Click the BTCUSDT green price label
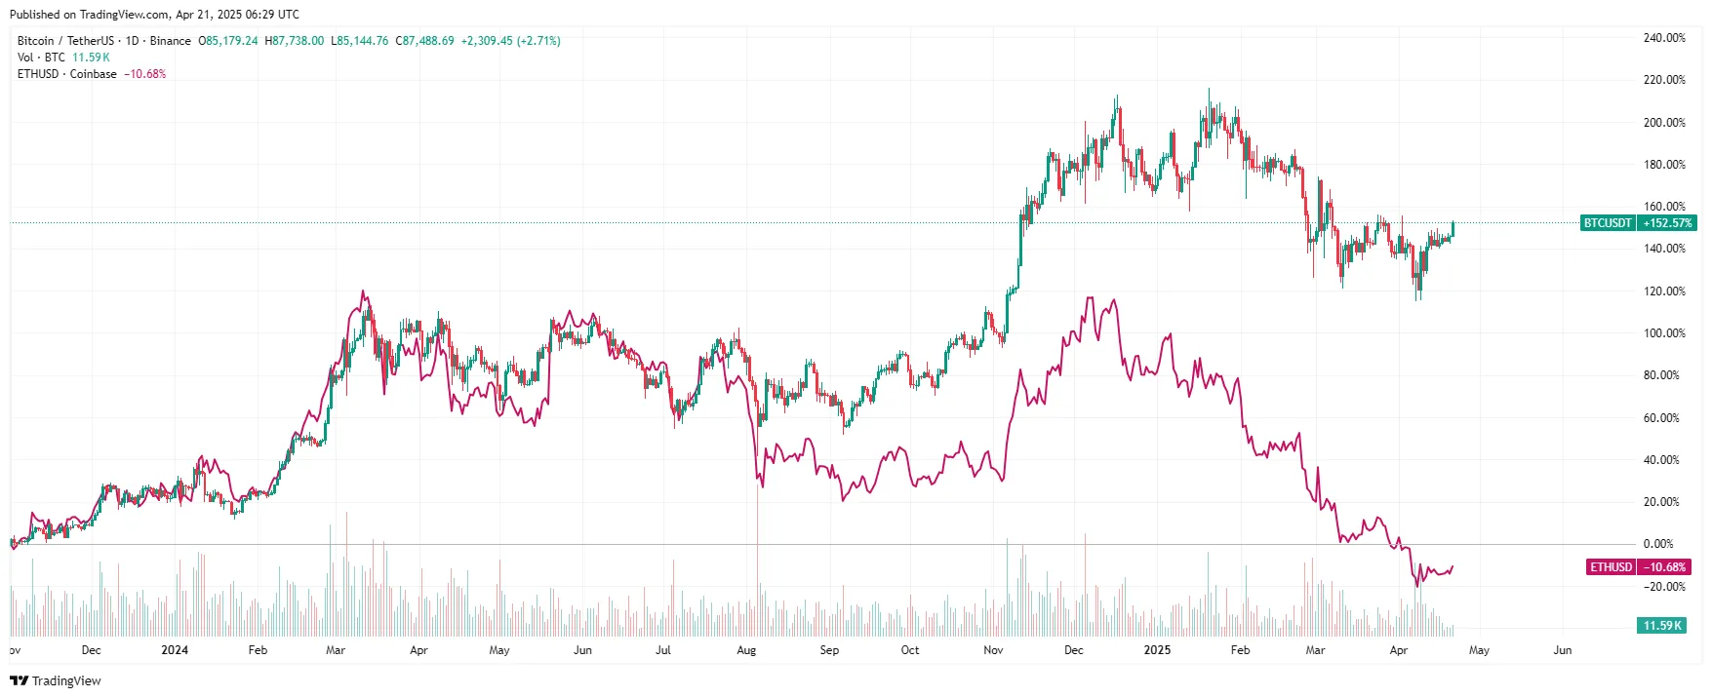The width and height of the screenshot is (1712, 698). coord(1607,223)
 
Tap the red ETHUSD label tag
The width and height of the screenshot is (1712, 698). coord(1611,567)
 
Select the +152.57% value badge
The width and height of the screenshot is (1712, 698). coord(1667,223)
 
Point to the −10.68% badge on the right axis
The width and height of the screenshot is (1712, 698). coord(1664,567)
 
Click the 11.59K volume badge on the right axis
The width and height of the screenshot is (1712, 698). coord(1662,626)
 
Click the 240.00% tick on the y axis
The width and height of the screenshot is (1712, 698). coord(1664,38)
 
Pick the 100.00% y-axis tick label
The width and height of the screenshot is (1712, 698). coord(1664,333)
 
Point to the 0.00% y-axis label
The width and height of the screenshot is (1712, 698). coord(1658,544)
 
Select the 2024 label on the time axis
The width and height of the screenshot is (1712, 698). coord(175,650)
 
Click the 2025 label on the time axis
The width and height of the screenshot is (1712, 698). coord(1157,650)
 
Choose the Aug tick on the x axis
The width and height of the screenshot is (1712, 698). coord(746,650)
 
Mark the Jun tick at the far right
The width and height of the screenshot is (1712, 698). coord(1562,650)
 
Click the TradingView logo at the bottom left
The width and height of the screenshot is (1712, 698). coord(56,680)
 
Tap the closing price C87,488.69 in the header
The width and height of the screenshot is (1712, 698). coord(424,41)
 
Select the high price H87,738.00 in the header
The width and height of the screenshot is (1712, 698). coord(295,41)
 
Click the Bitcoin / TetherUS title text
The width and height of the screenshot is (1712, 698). coord(65,41)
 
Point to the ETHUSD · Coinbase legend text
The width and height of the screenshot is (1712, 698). coord(66,74)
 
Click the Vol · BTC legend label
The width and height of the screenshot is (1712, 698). coord(41,58)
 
